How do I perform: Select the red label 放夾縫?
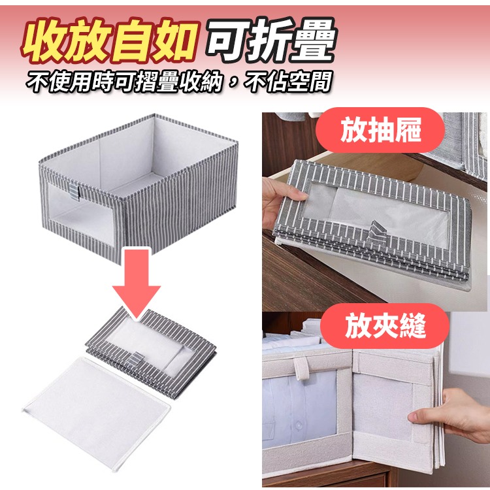382,325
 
